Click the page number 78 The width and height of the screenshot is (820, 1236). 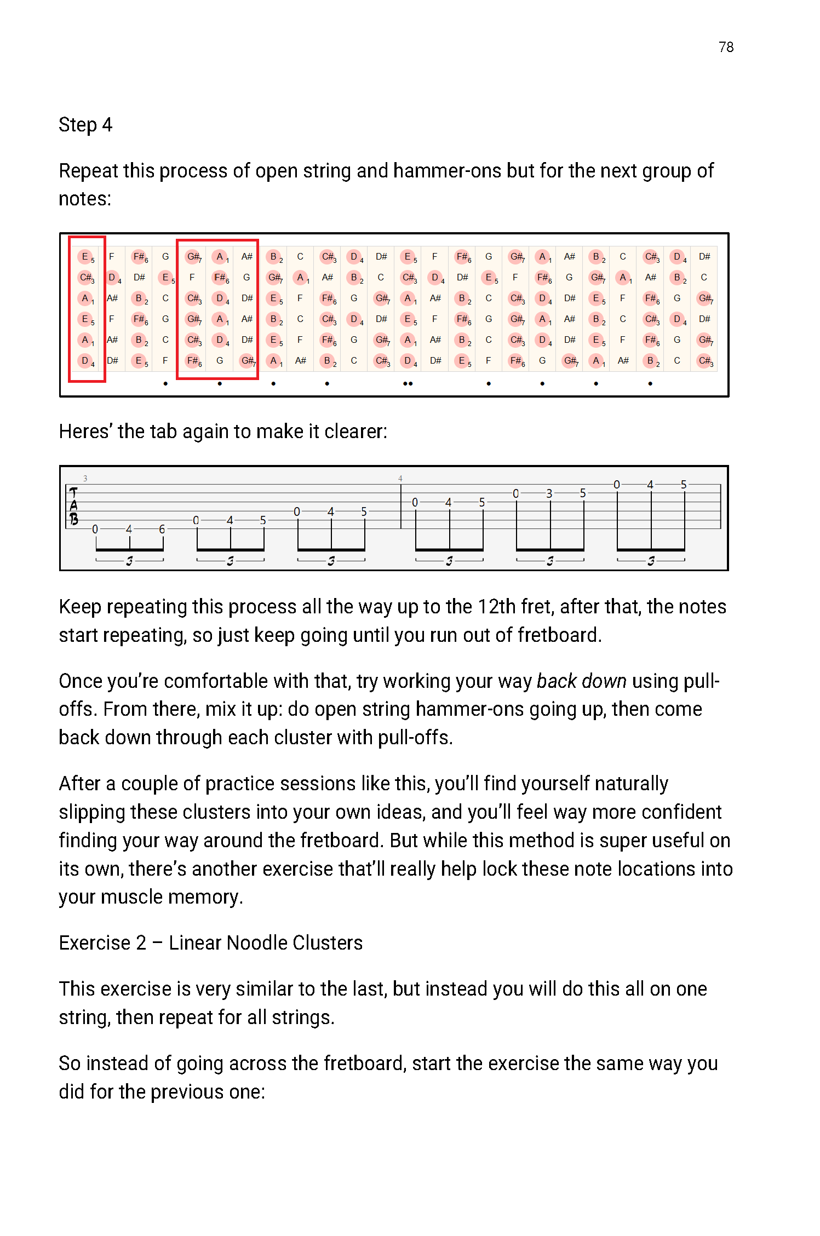point(726,47)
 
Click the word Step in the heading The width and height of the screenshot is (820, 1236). point(77,125)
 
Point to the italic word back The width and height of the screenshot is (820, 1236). point(556,681)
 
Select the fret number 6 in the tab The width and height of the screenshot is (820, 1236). point(162,529)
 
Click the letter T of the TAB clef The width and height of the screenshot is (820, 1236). point(74,493)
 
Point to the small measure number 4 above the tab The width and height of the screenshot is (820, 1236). point(400,478)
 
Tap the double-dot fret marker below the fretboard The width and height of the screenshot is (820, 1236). point(408,383)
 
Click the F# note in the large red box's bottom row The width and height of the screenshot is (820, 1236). point(193,360)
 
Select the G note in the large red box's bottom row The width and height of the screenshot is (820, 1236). point(220,360)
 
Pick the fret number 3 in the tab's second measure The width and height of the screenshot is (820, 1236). point(549,493)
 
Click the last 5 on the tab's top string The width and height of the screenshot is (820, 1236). point(684,485)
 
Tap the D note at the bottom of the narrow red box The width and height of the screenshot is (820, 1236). point(85,360)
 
